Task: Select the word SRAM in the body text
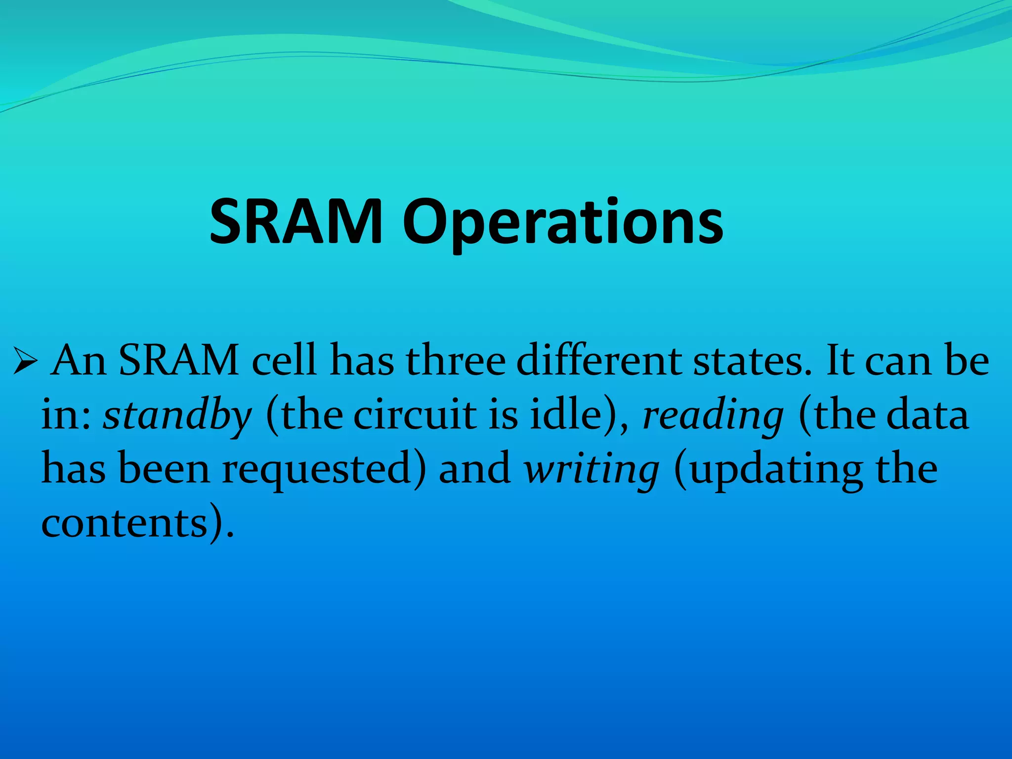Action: pyautogui.click(x=179, y=360)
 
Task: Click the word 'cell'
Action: pyautogui.click(x=284, y=360)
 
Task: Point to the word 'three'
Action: pyautogui.click(x=456, y=360)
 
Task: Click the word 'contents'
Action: pyautogui.click(x=124, y=523)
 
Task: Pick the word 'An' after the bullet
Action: pyautogui.click(x=79, y=360)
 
